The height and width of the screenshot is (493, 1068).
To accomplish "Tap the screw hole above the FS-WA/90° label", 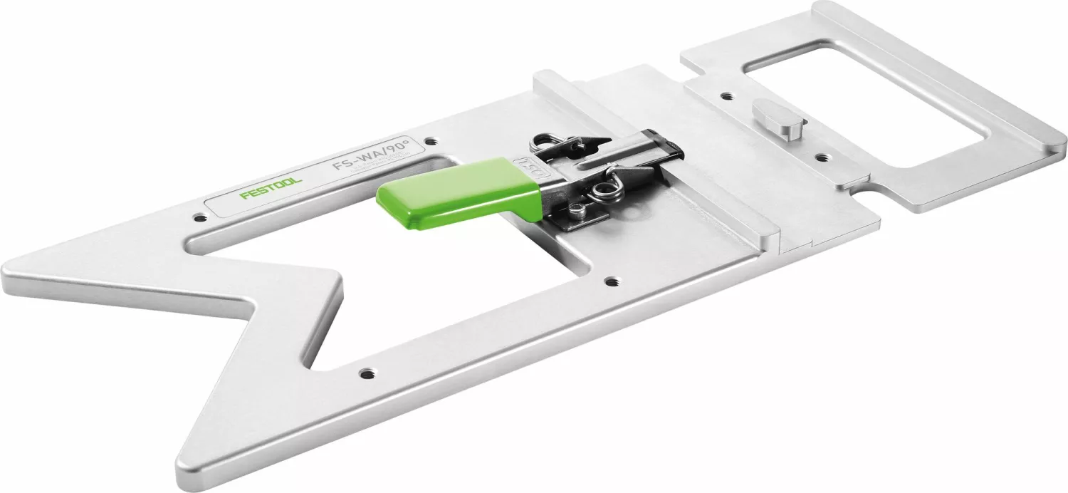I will [x=429, y=141].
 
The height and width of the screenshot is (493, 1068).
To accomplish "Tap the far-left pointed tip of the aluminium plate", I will [x=6, y=274].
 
